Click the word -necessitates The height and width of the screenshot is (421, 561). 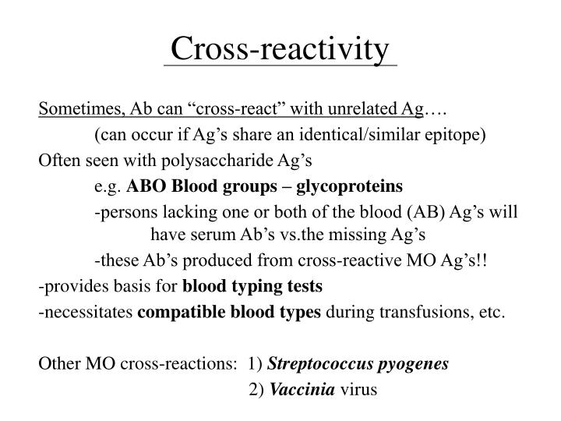86,313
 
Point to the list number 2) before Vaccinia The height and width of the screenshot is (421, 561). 256,389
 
